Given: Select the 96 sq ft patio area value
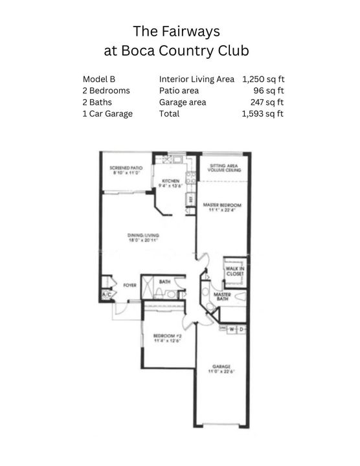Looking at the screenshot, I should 269,91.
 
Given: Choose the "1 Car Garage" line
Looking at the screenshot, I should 107,114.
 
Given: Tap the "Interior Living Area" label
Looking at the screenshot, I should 197,79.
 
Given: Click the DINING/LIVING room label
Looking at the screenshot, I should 142,236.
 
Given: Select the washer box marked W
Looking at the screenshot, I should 232,329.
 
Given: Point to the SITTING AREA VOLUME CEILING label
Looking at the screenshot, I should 224,167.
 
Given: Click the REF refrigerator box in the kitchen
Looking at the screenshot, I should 190,201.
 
